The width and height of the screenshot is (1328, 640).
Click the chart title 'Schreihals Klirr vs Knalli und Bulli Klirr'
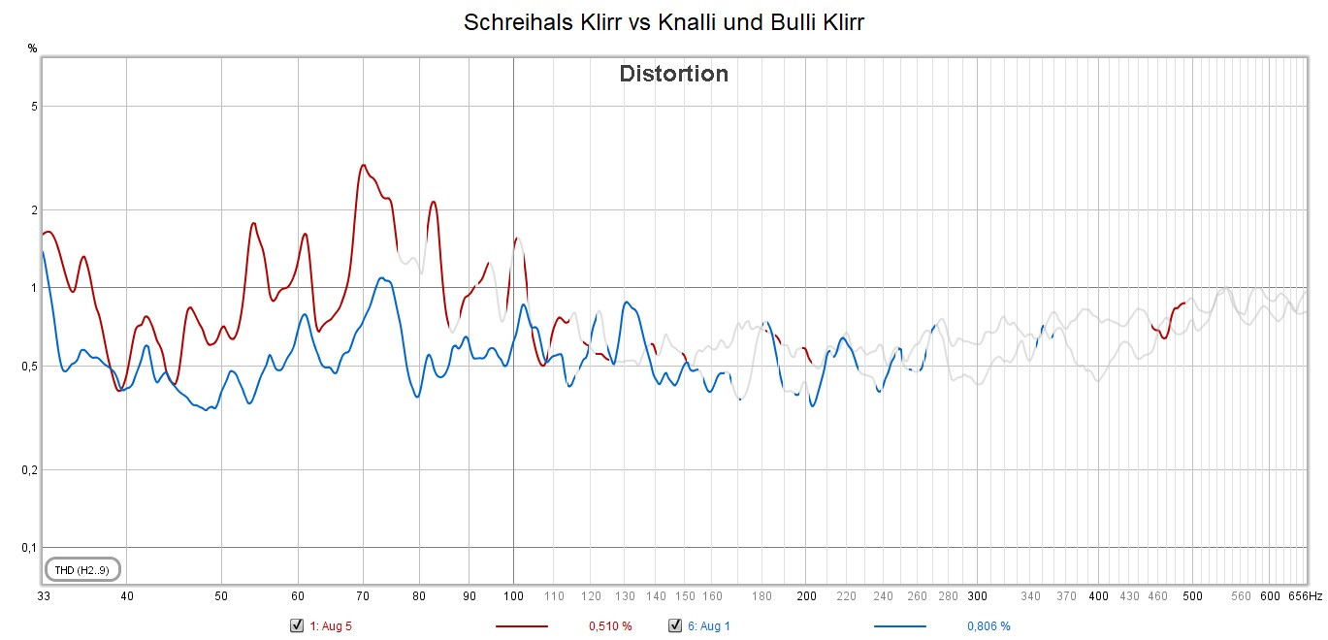tap(664, 22)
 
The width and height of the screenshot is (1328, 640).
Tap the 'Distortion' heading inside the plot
tap(673, 74)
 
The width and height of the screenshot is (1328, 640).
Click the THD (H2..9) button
tap(82, 569)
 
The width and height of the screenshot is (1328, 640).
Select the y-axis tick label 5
tap(33, 106)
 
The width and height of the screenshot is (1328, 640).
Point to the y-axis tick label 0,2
tap(30, 470)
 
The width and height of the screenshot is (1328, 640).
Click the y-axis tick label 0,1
tap(30, 548)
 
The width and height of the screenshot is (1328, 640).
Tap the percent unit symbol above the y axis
tap(32, 48)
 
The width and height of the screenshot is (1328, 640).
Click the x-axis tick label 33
tap(44, 596)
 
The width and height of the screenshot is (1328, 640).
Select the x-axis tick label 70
tap(363, 596)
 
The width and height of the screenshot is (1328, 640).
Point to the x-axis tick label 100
tap(513, 596)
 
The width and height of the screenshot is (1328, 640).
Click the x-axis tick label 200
tap(806, 596)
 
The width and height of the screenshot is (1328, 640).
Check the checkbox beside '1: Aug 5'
tap(297, 625)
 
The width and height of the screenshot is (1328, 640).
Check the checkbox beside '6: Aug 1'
tap(675, 625)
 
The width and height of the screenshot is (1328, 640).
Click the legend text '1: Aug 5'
tap(331, 626)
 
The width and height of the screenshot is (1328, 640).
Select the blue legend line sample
tap(899, 626)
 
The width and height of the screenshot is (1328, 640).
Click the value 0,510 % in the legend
tap(610, 626)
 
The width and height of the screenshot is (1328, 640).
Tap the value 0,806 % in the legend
tap(988, 626)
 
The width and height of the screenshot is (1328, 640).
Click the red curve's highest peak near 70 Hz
tap(363, 165)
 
